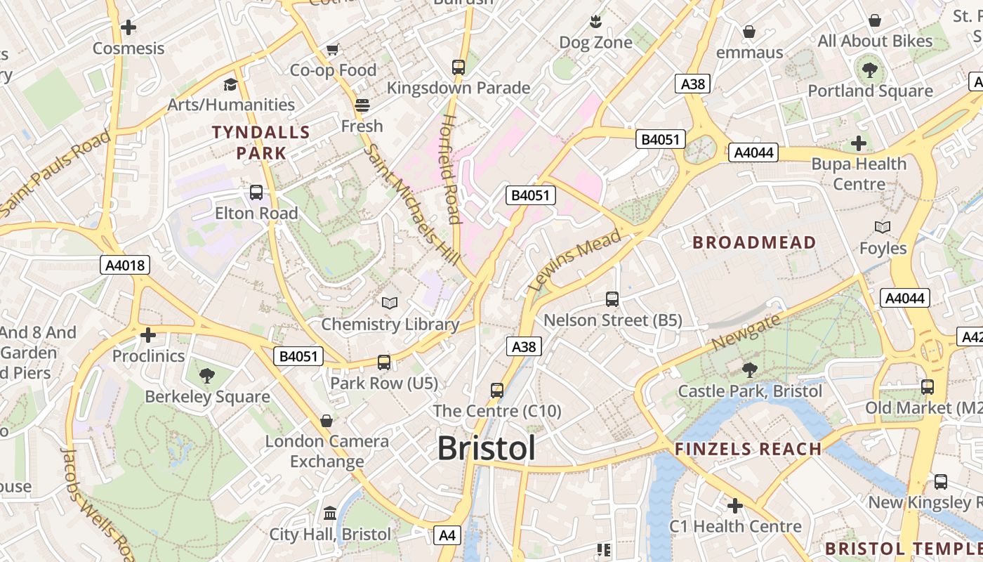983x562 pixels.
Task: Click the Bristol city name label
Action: click(x=487, y=448)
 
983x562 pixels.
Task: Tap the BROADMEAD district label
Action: click(x=754, y=243)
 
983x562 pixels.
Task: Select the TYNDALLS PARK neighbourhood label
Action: click(x=261, y=143)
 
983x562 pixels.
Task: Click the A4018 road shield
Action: click(x=125, y=265)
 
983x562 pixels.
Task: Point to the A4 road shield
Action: click(x=447, y=535)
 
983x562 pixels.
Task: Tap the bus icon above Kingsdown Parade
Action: click(x=458, y=67)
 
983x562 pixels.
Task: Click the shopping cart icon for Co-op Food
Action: click(x=333, y=50)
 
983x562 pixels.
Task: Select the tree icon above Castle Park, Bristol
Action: click(x=749, y=370)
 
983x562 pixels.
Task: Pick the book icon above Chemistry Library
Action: click(x=390, y=303)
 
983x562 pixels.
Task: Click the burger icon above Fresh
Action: click(x=362, y=105)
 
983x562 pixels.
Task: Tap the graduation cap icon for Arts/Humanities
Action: click(x=230, y=84)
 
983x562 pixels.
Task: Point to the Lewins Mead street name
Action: click(x=575, y=260)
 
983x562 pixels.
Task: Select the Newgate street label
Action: click(x=746, y=332)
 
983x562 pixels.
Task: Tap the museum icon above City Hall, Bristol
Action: click(x=330, y=514)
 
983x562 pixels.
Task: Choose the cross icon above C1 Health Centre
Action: click(x=735, y=505)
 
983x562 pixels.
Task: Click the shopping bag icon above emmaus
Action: click(x=749, y=32)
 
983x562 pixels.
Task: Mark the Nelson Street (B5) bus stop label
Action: click(x=613, y=320)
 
